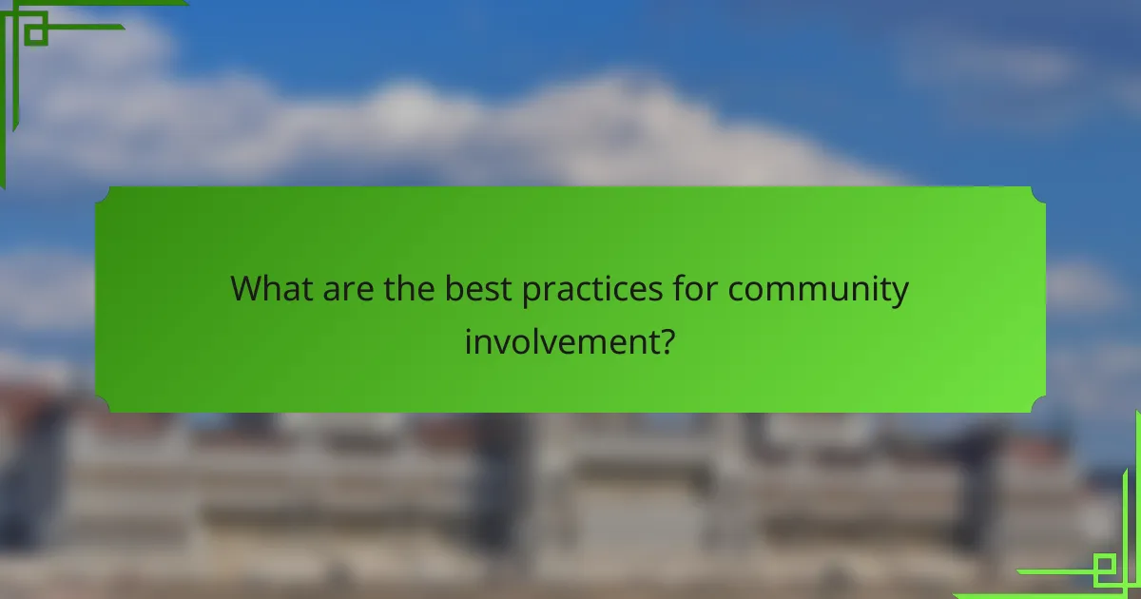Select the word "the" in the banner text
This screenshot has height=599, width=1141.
(409, 288)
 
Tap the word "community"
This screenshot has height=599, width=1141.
(819, 290)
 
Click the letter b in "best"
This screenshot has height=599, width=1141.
(454, 288)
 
